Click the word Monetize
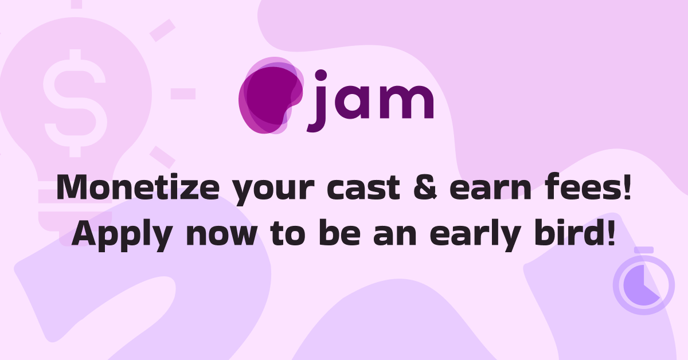click(138, 187)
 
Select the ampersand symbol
click(425, 187)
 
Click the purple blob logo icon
click(271, 96)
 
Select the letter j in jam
click(317, 101)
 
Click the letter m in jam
click(406, 102)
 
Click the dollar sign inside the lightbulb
click(75, 103)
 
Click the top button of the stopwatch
click(644, 250)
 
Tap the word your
click(273, 191)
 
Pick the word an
click(395, 236)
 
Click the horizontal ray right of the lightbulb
click(183, 93)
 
